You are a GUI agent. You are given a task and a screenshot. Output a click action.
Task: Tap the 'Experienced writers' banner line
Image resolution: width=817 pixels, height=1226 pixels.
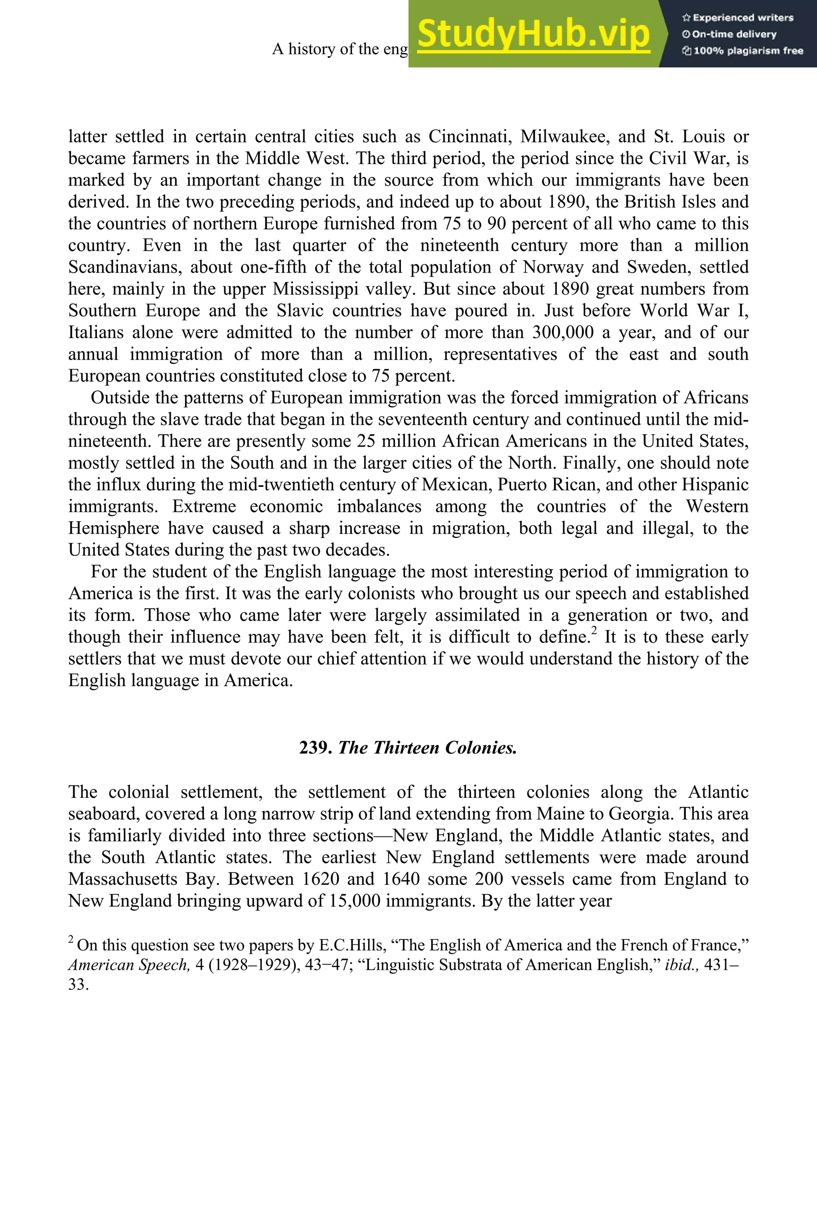[x=737, y=18]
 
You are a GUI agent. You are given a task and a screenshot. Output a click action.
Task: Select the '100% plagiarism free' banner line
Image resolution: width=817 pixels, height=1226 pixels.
[x=742, y=51]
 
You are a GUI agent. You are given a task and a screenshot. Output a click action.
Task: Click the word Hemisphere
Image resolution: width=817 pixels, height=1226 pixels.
[x=114, y=528]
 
